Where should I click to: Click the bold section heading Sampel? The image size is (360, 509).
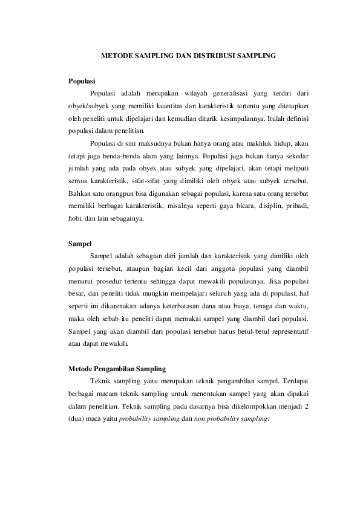tap(79, 244)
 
